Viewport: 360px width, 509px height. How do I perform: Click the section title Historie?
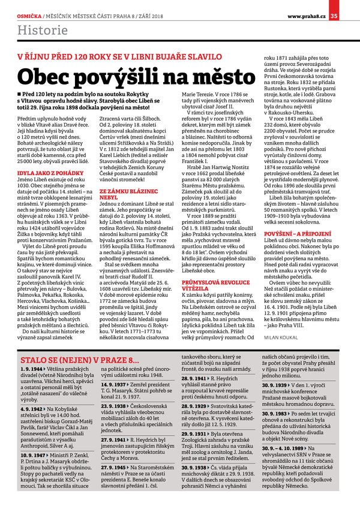(x=38, y=29)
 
